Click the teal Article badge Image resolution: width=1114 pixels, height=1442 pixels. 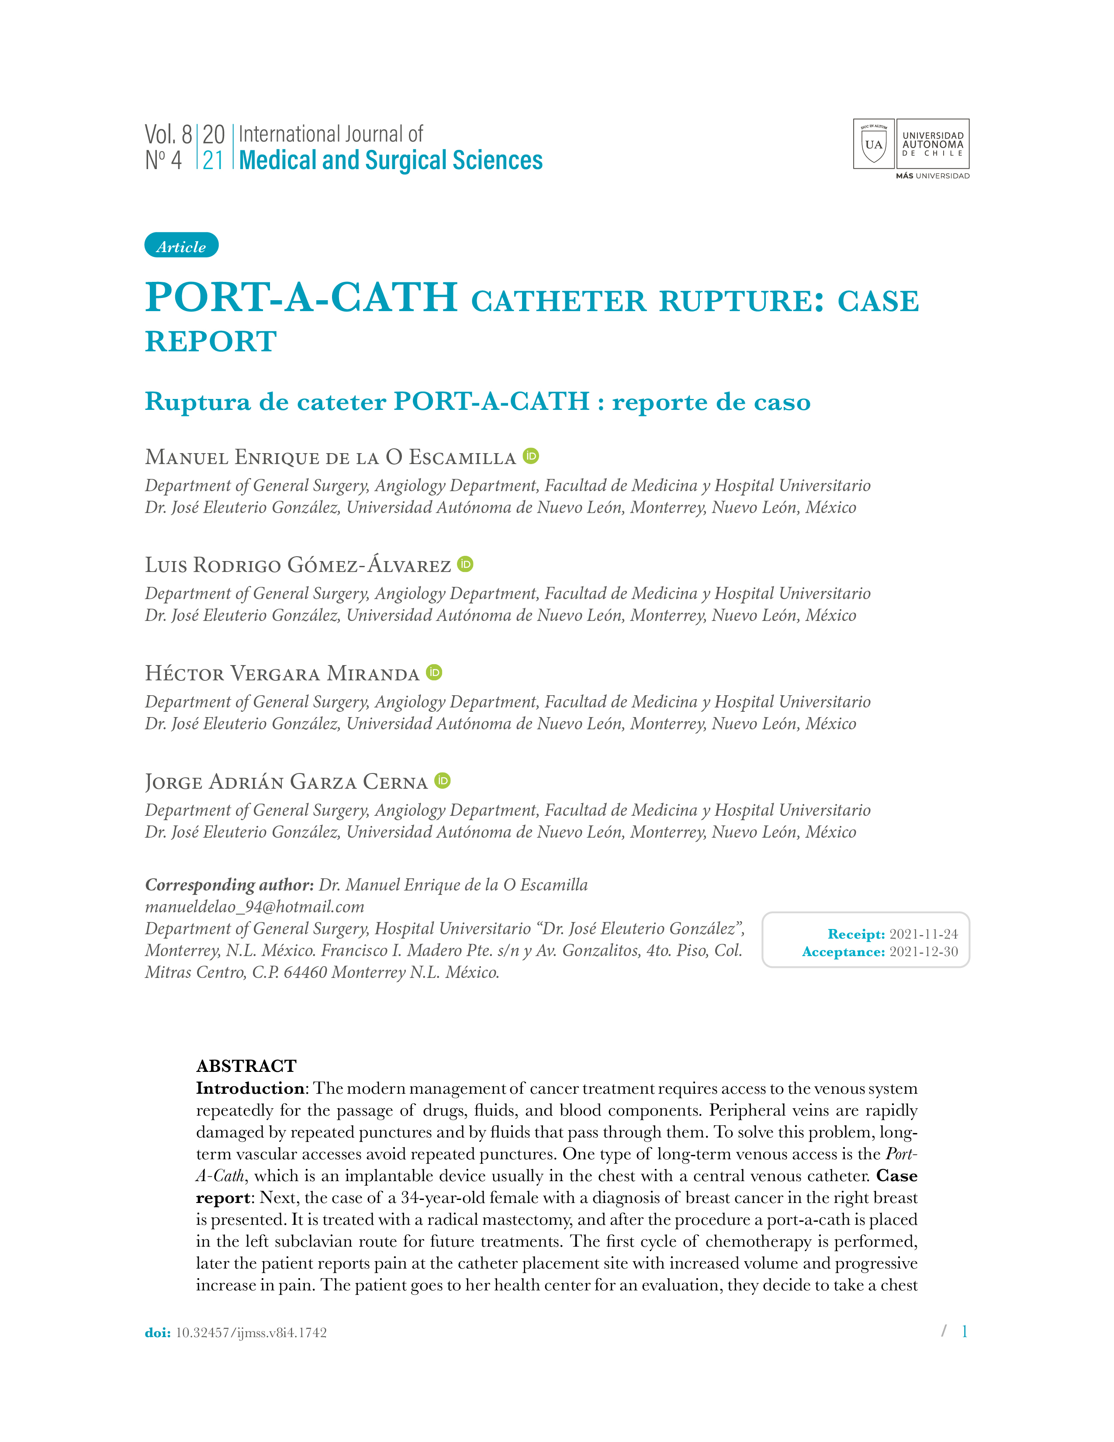pyautogui.click(x=181, y=246)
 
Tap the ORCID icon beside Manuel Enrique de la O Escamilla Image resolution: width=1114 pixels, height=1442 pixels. pyautogui.click(x=531, y=456)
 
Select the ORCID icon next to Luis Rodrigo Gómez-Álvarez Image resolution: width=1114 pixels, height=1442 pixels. pyautogui.click(x=465, y=564)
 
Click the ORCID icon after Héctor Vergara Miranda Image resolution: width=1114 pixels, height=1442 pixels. pyautogui.click(x=434, y=672)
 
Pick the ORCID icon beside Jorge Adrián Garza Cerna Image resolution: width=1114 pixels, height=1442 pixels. pyautogui.click(x=442, y=780)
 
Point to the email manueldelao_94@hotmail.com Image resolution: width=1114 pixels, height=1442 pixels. pyautogui.click(x=255, y=907)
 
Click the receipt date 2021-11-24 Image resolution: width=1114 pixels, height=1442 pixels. pyautogui.click(x=923, y=934)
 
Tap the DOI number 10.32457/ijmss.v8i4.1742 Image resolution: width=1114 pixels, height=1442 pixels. pyautogui.click(x=251, y=1332)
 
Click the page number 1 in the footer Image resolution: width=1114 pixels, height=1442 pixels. pyautogui.click(x=964, y=1331)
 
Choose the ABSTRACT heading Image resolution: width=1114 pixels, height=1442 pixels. pyautogui.click(x=246, y=1066)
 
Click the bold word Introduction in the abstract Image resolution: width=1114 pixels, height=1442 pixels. pyautogui.click(x=249, y=1088)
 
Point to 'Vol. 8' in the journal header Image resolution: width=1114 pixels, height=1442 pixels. pyautogui.click(x=168, y=135)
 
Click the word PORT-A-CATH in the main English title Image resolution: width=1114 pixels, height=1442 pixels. pyautogui.click(x=301, y=297)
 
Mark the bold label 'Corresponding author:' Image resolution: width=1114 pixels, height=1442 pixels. pyautogui.click(x=229, y=885)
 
